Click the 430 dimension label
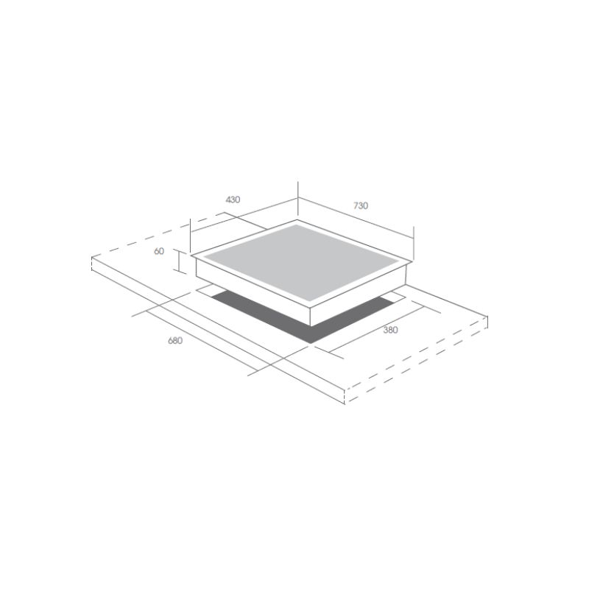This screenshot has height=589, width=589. coord(233,200)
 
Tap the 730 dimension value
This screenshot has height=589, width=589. coord(361,205)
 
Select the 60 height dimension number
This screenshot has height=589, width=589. coord(159,251)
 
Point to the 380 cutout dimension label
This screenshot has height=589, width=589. coord(390,330)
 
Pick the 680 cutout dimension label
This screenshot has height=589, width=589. coord(175,341)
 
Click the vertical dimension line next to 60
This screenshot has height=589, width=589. coord(179,261)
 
